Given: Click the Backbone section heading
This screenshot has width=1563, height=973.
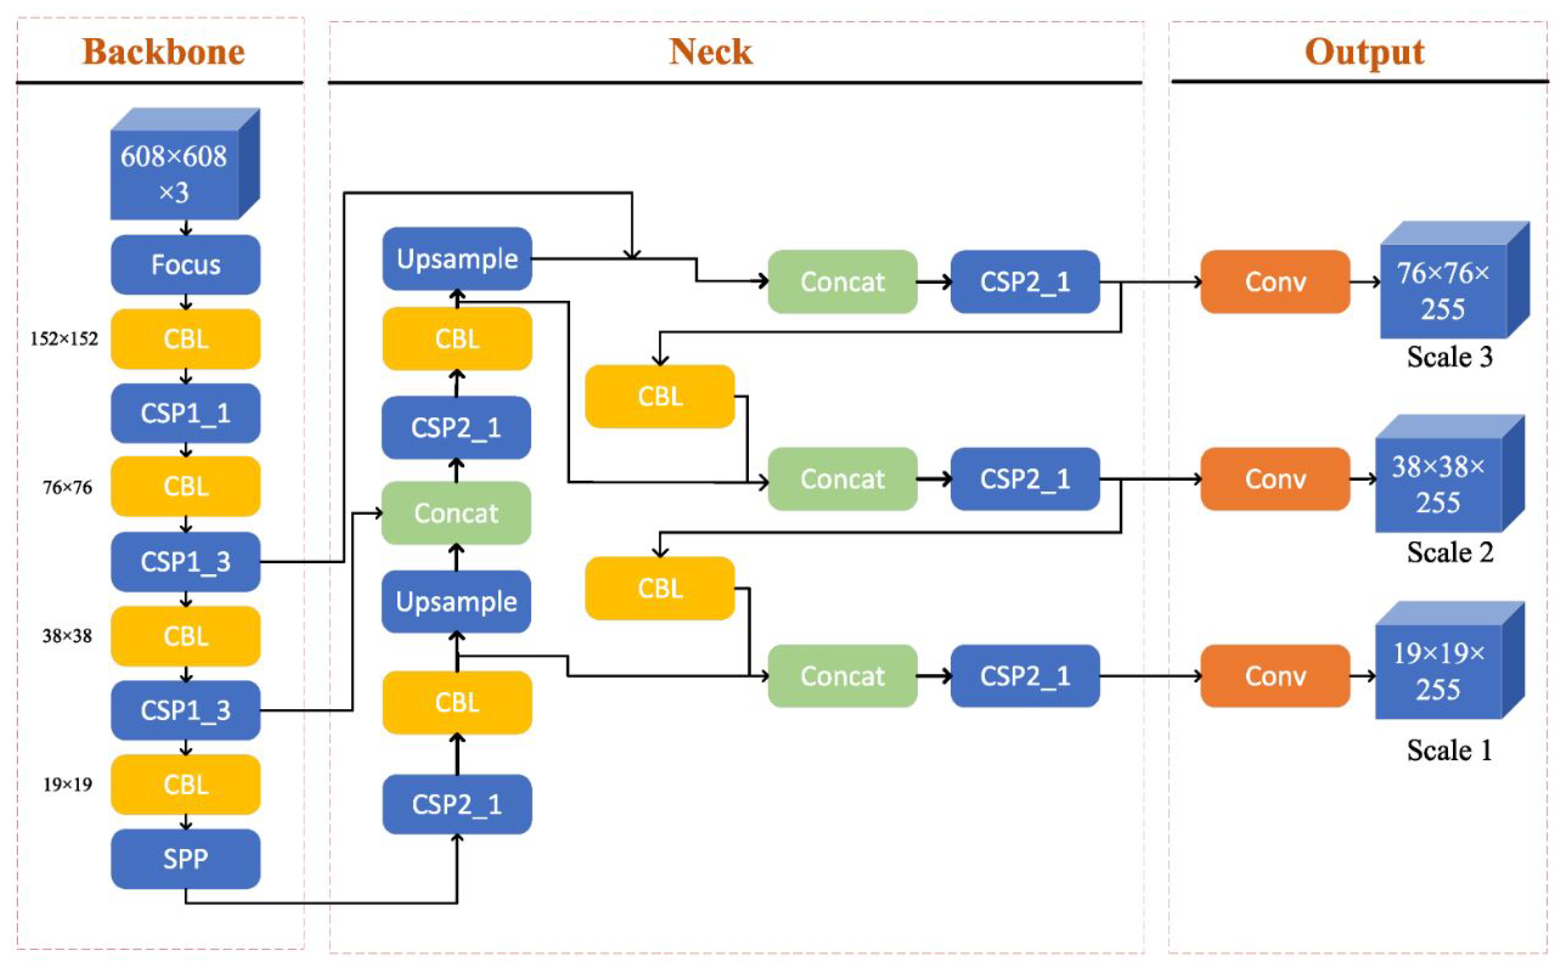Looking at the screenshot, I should pyautogui.click(x=164, y=52).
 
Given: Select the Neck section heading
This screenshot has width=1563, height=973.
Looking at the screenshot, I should pyautogui.click(x=710, y=52).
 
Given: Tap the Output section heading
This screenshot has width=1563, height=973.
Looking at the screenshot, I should pyautogui.click(x=1364, y=52).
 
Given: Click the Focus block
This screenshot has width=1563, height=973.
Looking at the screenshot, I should pyautogui.click(x=185, y=265).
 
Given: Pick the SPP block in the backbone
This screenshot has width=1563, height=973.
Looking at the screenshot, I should pyautogui.click(x=185, y=859).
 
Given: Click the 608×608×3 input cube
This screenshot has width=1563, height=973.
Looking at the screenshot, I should pyautogui.click(x=175, y=172).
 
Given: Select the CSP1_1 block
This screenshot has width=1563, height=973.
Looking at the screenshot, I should pyautogui.click(x=185, y=413).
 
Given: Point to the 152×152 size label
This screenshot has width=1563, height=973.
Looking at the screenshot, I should pyautogui.click(x=64, y=339).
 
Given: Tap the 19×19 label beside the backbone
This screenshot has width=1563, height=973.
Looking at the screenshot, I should pyautogui.click(x=68, y=784).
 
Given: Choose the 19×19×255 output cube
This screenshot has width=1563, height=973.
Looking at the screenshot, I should pyautogui.click(x=1438, y=671).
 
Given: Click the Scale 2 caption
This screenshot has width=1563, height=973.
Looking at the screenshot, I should pyautogui.click(x=1449, y=552).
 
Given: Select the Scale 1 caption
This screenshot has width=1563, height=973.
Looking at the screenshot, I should pyautogui.click(x=1449, y=750).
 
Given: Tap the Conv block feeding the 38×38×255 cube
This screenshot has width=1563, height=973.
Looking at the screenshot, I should pyautogui.click(x=1275, y=479).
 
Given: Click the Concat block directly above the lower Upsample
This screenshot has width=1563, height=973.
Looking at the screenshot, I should pyautogui.click(x=456, y=513).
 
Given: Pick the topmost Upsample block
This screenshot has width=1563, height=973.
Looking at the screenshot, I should pyautogui.click(x=457, y=258).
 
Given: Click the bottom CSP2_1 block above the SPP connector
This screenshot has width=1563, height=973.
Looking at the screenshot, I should pyautogui.click(x=457, y=804).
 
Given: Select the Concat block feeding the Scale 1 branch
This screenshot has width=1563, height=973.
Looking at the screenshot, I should pyautogui.click(x=842, y=676).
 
